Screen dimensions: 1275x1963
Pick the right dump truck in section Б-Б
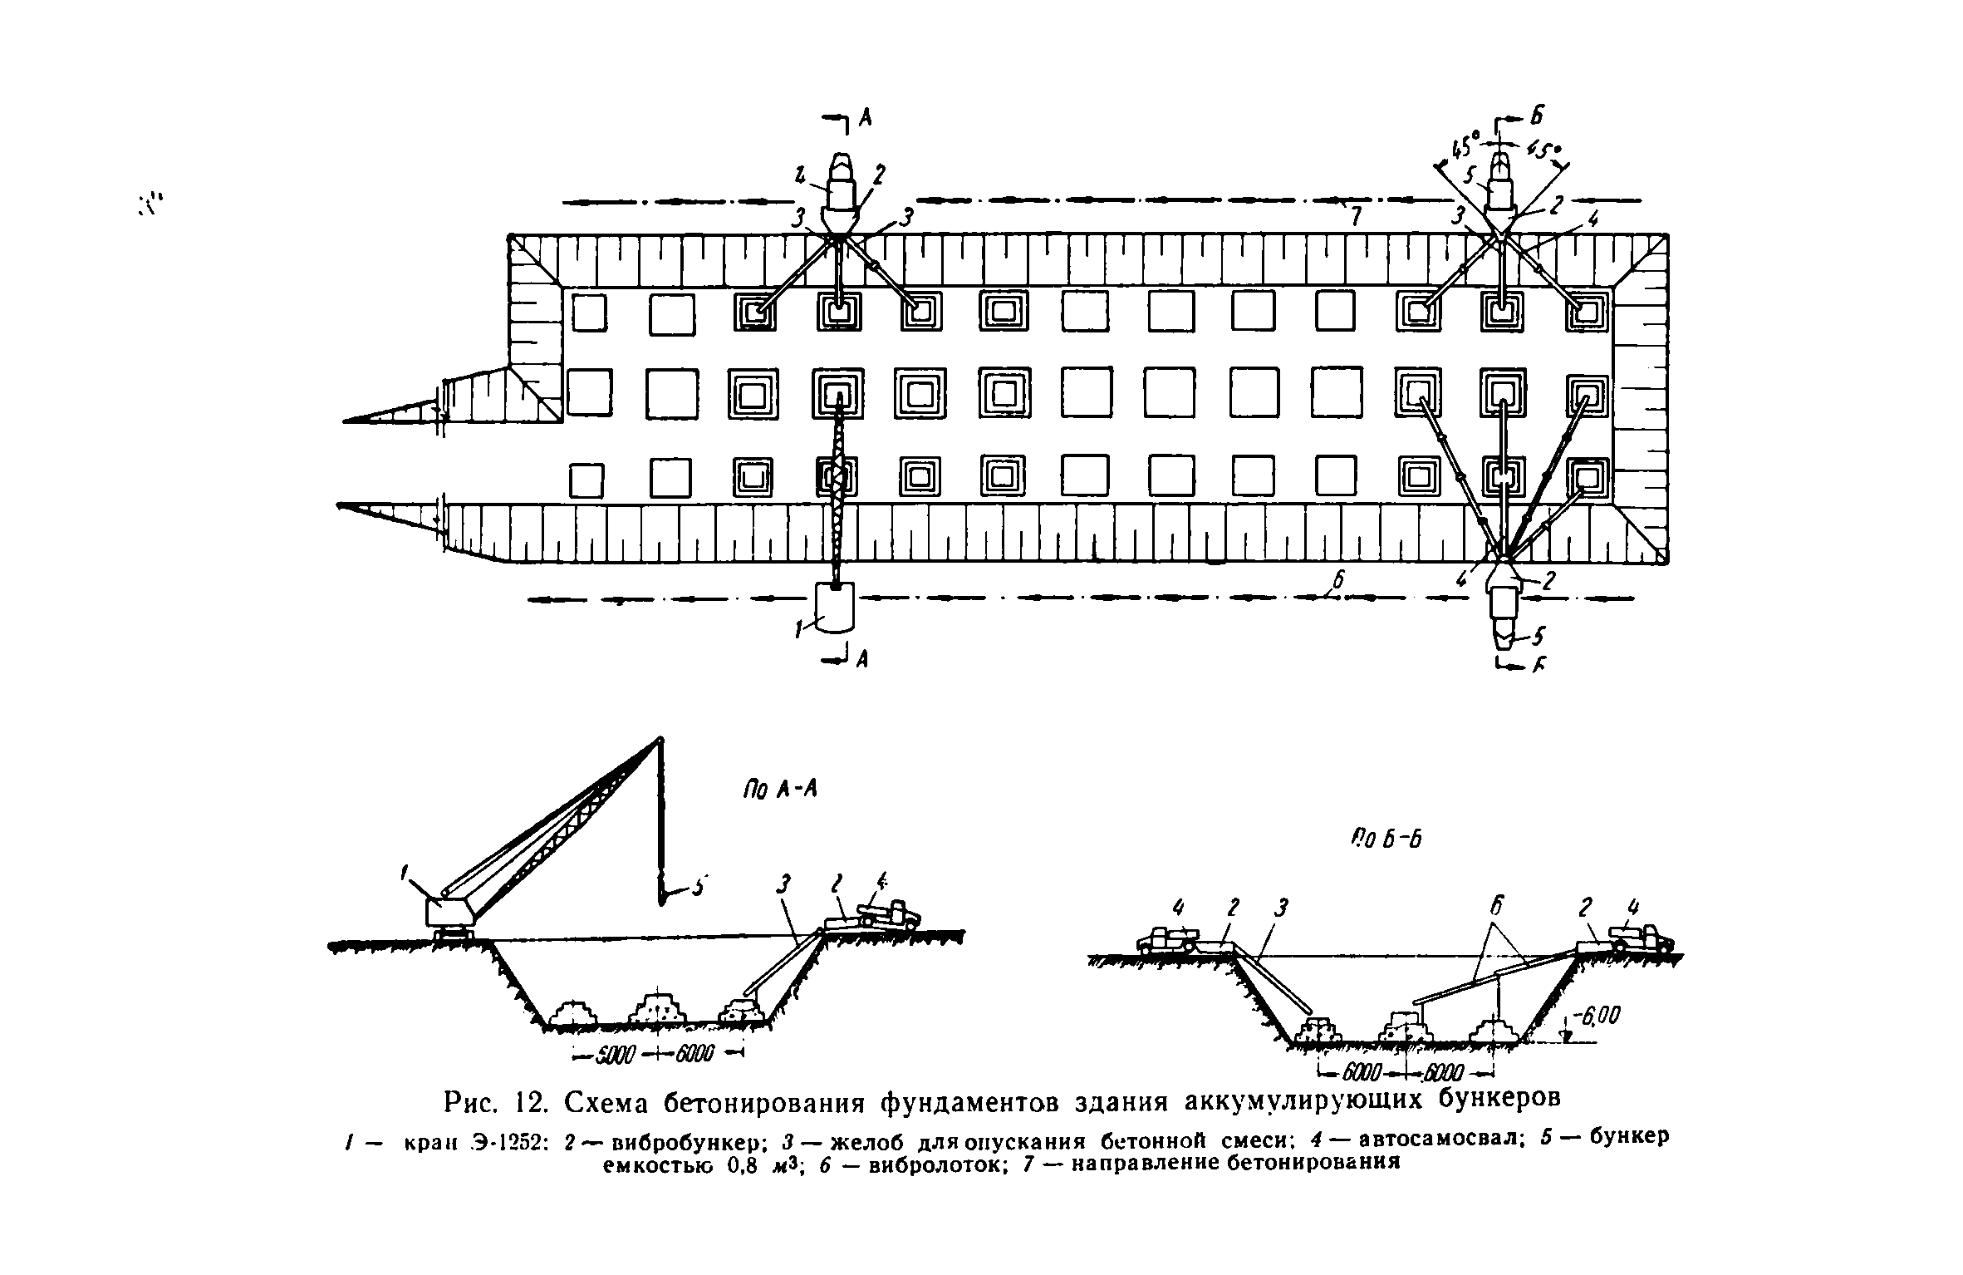[1640, 939]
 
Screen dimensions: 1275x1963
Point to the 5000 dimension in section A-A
[615, 1055]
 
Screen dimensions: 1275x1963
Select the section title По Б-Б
[1387, 839]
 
